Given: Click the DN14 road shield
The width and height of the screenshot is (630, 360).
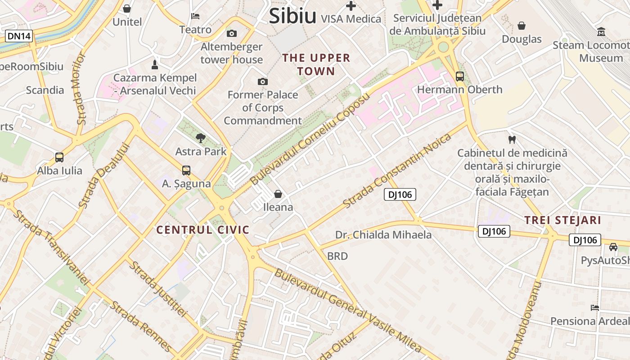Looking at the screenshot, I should click(19, 36).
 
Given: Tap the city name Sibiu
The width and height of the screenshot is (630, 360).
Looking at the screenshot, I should click(292, 16).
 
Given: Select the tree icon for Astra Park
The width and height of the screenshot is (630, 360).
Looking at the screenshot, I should click(201, 138).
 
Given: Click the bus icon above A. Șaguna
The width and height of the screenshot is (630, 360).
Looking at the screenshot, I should click(186, 171).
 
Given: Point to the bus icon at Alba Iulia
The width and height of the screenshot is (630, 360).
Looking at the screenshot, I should click(59, 157).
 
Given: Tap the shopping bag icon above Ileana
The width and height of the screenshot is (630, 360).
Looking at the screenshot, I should click(278, 194).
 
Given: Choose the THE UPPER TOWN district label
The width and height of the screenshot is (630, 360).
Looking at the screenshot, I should click(316, 64).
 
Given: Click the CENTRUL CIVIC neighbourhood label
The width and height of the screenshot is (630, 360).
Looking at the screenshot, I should click(202, 230).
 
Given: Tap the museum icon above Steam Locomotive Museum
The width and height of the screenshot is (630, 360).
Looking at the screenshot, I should click(601, 32).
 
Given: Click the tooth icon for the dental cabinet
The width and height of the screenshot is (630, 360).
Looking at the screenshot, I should click(512, 139).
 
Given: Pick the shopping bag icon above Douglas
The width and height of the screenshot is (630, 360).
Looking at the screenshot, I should click(522, 26).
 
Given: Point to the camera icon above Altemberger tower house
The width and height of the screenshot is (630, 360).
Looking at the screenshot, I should click(232, 34).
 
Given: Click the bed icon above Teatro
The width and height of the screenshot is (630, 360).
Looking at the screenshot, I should click(195, 16).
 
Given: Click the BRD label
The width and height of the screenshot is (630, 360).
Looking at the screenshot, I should click(337, 256).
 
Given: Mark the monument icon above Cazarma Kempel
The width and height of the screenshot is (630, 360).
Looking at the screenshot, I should click(155, 64).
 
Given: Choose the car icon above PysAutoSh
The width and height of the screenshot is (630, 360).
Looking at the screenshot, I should click(613, 247).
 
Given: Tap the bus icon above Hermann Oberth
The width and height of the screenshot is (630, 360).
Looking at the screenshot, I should click(459, 76).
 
